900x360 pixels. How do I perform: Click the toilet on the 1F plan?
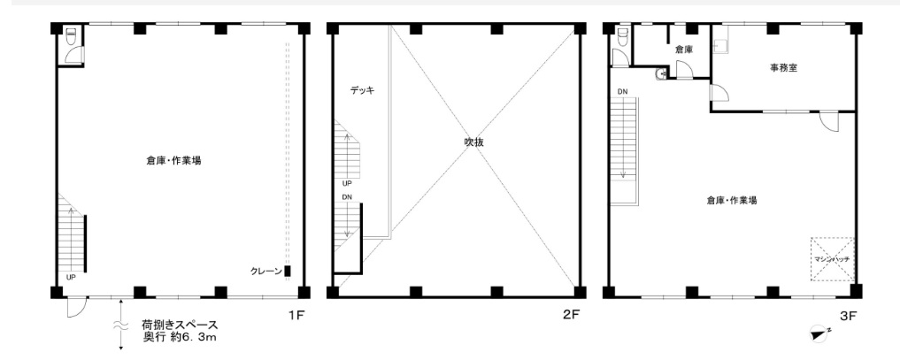point(71,36)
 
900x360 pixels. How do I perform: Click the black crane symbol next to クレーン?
point(288,271)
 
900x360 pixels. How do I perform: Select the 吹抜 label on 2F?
point(474,142)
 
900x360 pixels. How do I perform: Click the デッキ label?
point(362,90)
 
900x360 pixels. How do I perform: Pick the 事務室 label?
point(784,67)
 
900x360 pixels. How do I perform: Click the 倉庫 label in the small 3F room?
point(683,50)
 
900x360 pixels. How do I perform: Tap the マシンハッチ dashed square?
point(832,260)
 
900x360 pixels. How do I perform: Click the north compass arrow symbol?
point(819,334)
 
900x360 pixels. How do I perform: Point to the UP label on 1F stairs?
point(71,278)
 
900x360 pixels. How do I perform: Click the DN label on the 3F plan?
point(623,91)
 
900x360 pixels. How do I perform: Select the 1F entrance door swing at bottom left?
point(77,307)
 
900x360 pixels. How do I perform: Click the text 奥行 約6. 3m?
point(180,337)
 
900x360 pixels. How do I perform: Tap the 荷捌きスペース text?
point(180,326)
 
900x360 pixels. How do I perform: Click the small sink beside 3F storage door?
point(662,73)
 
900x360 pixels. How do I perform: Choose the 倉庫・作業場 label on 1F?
point(173,160)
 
